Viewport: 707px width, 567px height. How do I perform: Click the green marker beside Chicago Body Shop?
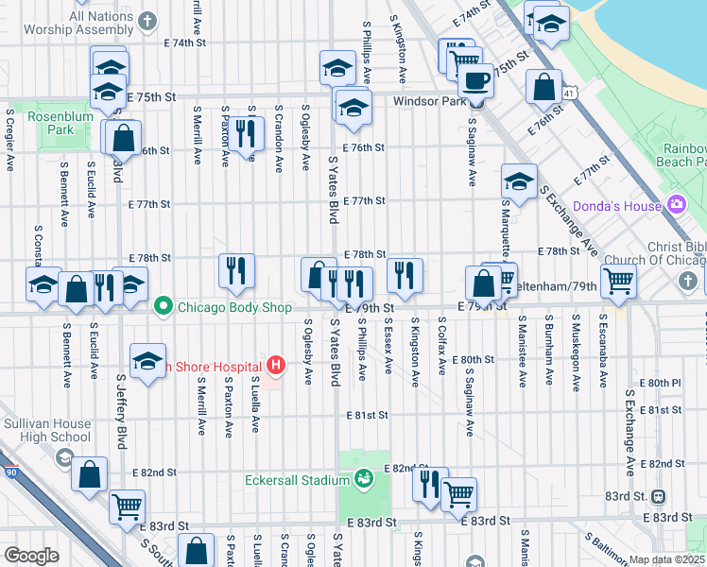coord(164,305)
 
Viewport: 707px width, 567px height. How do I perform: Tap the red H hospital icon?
coord(276,365)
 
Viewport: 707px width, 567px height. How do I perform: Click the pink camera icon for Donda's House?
coord(676,204)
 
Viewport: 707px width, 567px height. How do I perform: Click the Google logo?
coord(31,556)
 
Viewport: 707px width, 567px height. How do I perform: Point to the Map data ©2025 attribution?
coord(667,559)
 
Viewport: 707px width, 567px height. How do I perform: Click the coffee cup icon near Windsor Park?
coord(475,79)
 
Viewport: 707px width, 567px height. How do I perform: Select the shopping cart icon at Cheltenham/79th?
coord(618,279)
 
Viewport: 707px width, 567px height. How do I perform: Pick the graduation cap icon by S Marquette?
coord(519,180)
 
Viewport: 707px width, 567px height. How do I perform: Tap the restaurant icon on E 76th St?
coord(245,132)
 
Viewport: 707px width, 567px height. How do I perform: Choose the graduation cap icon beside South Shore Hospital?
coord(147,362)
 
